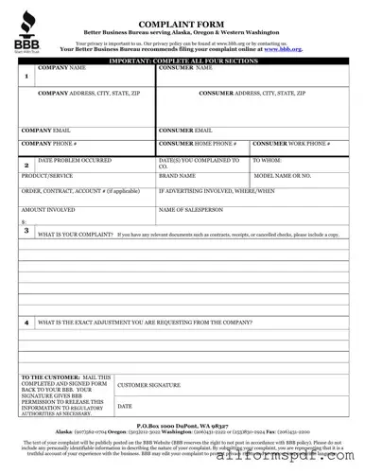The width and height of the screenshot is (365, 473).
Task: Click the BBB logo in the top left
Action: pos(24,34)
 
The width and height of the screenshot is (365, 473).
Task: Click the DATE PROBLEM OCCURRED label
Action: pos(75,161)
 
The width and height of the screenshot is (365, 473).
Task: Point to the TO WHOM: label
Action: pos(268,161)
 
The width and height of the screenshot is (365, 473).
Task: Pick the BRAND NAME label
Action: pos(177,176)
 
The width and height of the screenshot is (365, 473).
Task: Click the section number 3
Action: pos(26,230)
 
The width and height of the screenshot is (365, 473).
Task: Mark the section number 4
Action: pos(26,323)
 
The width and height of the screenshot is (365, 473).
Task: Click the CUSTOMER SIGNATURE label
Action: pos(148,386)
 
